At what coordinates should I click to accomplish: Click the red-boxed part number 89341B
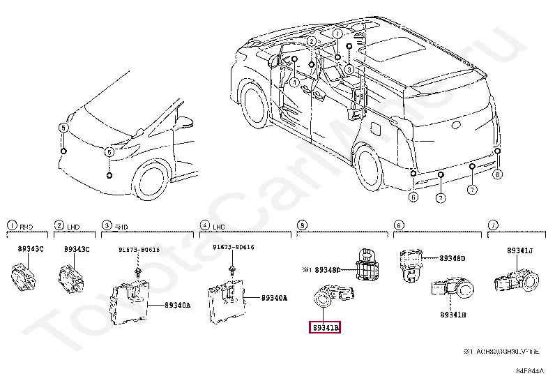coord(324,326)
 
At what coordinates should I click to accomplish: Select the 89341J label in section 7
coord(519,250)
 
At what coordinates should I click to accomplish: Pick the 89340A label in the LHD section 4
coord(274,298)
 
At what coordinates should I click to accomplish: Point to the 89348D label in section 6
coord(452,258)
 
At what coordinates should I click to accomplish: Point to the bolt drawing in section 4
coord(229,270)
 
